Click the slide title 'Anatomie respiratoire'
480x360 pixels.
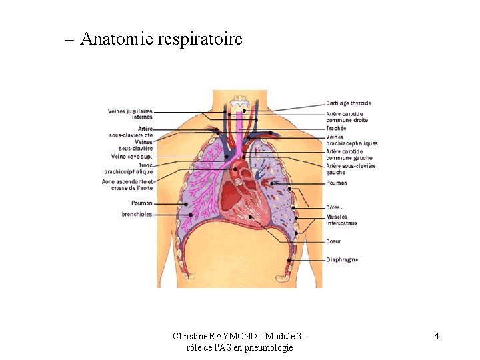(x=161, y=39)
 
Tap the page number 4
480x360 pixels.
(x=436, y=336)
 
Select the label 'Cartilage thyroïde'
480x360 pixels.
(x=349, y=103)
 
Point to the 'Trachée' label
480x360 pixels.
(x=336, y=128)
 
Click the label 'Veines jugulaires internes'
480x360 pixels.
(x=130, y=114)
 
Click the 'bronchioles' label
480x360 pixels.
(x=137, y=215)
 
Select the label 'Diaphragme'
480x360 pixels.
(x=342, y=259)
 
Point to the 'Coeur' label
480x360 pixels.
(x=333, y=241)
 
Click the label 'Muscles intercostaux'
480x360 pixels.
(x=341, y=220)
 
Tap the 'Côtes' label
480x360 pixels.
(x=334, y=207)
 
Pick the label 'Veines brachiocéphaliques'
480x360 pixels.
(x=351, y=140)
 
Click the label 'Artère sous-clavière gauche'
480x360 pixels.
(x=350, y=169)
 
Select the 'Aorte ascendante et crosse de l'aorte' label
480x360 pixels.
(x=127, y=185)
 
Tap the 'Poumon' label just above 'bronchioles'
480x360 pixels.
(x=141, y=203)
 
